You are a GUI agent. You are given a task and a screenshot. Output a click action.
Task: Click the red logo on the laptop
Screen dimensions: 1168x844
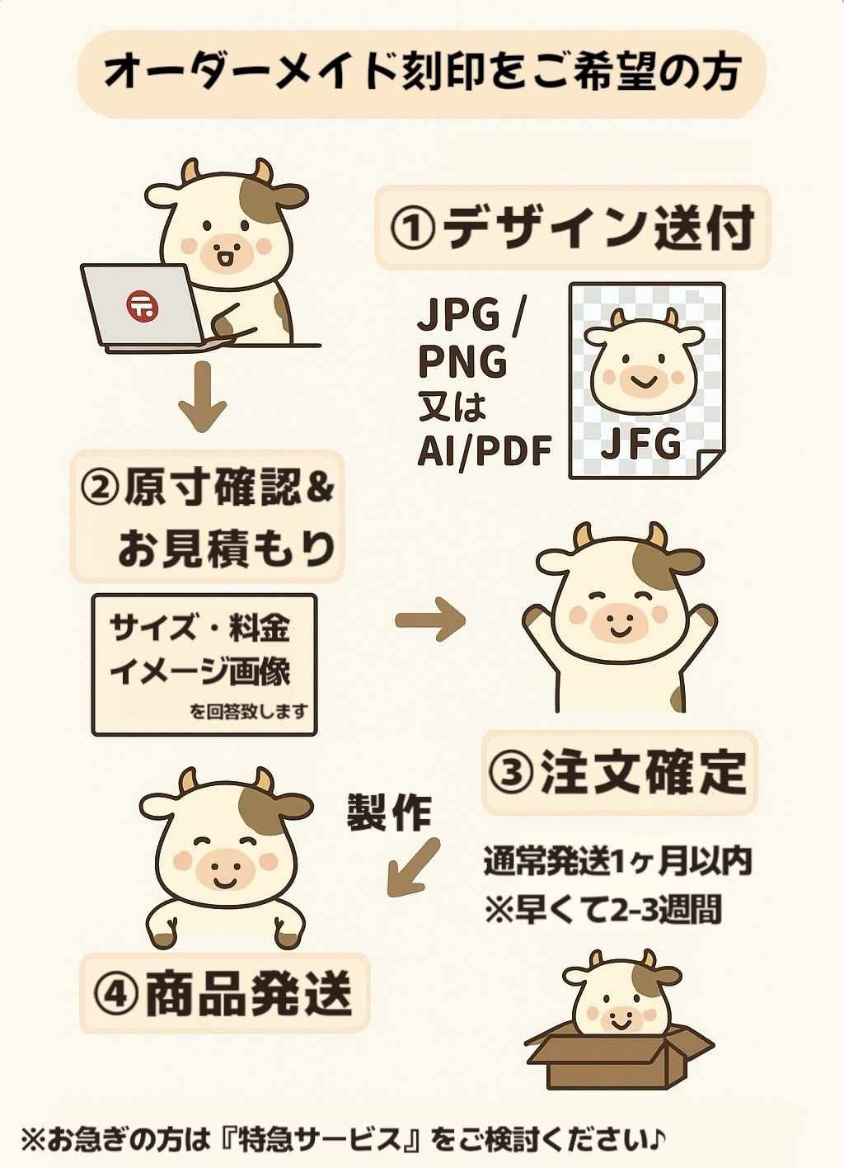(143, 305)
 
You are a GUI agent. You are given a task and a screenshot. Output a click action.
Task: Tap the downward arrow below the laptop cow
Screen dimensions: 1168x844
(203, 397)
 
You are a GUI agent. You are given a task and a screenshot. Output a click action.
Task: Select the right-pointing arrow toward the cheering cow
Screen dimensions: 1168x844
(430, 619)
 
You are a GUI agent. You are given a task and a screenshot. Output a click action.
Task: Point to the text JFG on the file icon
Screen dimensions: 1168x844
(640, 444)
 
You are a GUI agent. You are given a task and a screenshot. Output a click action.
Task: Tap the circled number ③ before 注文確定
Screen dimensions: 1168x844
(512, 773)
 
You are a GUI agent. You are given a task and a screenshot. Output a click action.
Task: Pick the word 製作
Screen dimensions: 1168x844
(390, 812)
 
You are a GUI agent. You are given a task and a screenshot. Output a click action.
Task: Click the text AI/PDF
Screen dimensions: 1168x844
(485, 450)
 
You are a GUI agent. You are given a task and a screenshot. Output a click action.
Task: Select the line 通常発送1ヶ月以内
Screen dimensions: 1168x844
(617, 862)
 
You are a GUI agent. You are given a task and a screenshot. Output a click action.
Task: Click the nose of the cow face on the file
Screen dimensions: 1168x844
(642, 375)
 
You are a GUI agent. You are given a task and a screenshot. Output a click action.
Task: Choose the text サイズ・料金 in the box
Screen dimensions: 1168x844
(199, 629)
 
